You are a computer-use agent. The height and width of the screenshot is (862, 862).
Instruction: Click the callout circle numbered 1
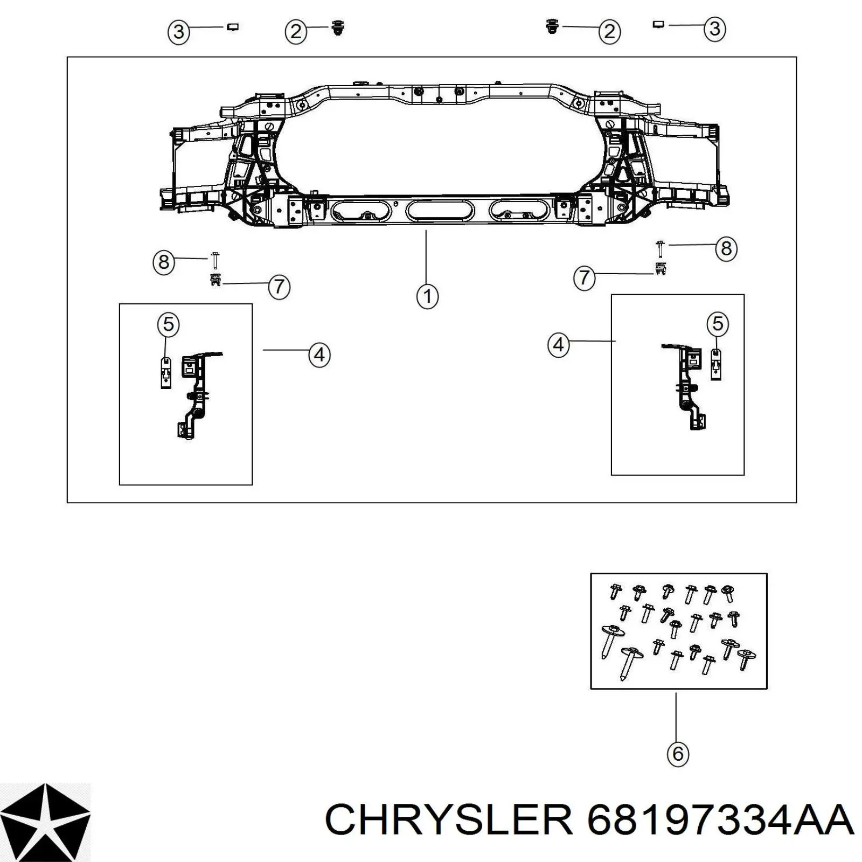coord(427,296)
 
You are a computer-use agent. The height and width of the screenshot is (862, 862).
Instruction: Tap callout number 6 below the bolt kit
coord(678,753)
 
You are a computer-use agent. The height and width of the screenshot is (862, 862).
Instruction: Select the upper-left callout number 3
coord(179,32)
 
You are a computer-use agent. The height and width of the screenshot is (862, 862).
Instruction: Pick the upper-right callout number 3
coord(714,29)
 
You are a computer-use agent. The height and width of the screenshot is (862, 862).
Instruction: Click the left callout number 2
coord(296,32)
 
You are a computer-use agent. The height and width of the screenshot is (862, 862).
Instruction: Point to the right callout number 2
coord(609,32)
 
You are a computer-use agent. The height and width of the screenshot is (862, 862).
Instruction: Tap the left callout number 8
coord(164,262)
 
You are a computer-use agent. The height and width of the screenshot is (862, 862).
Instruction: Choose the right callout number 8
coord(726,248)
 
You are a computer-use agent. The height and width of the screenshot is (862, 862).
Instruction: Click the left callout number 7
coord(279,287)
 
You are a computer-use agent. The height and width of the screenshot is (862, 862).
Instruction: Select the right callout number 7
coord(585,278)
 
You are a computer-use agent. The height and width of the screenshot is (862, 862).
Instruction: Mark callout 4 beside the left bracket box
coord(319,355)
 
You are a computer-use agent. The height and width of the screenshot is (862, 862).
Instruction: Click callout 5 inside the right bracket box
coord(718,324)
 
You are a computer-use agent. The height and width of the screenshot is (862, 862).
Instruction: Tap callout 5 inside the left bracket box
coord(168,325)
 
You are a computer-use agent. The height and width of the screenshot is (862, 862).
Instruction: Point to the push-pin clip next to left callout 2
coord(338,27)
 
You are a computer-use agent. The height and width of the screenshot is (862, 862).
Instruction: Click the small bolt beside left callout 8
coord(215,260)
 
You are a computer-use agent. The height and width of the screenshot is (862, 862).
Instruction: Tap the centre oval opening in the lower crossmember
coord(440,210)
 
